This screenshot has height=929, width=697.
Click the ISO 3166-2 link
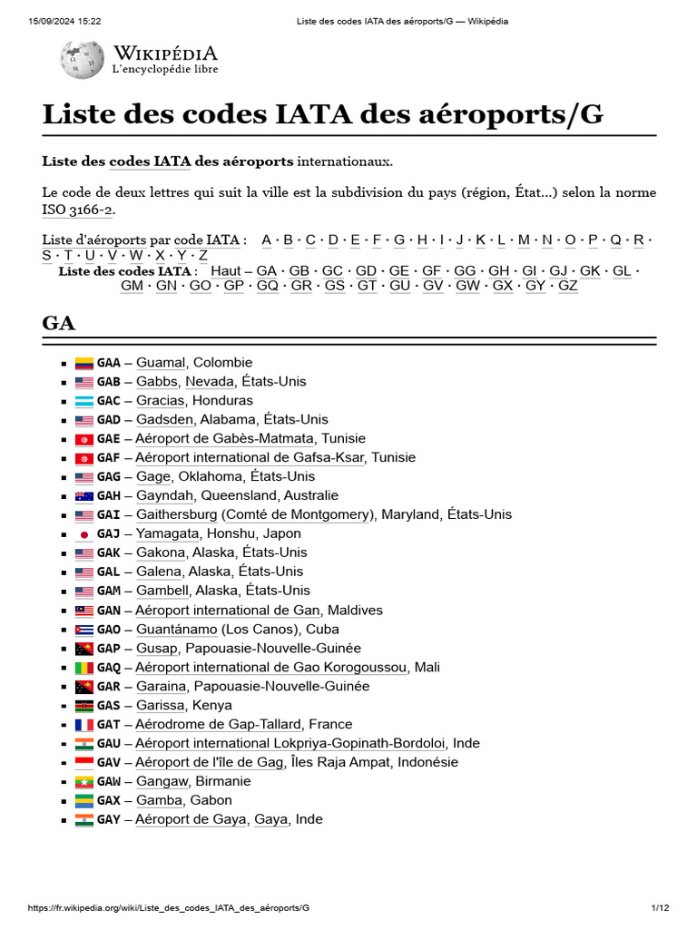point(77,210)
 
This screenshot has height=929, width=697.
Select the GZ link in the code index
point(567,286)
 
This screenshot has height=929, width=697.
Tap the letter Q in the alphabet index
point(615,240)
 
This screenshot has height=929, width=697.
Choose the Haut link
point(226,271)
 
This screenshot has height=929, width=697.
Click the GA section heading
point(59,324)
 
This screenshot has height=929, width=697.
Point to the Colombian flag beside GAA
point(84,363)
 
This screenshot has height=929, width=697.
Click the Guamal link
point(161,363)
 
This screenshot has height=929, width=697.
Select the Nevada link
point(210,382)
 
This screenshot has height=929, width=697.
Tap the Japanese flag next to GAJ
point(84,534)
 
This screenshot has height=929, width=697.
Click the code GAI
point(108,515)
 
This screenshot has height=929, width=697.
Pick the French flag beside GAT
point(84,725)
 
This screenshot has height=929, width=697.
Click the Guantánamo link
point(177,630)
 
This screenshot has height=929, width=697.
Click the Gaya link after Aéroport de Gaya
point(270,820)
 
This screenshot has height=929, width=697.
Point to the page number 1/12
point(660,908)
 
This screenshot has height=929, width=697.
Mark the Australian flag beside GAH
point(84,496)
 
